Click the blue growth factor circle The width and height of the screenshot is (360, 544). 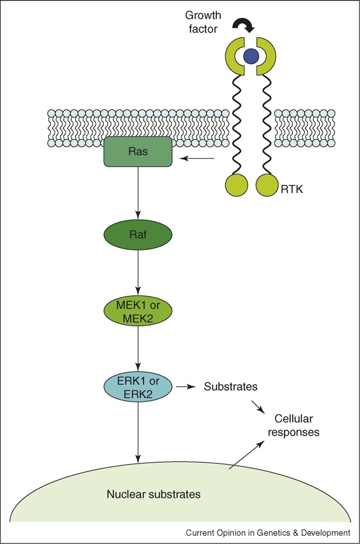(250, 55)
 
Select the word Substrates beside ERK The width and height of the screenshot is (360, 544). (230, 387)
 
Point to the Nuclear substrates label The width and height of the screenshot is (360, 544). (154, 494)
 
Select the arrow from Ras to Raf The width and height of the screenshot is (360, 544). (139, 192)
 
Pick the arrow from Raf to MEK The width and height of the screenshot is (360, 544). (139, 274)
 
